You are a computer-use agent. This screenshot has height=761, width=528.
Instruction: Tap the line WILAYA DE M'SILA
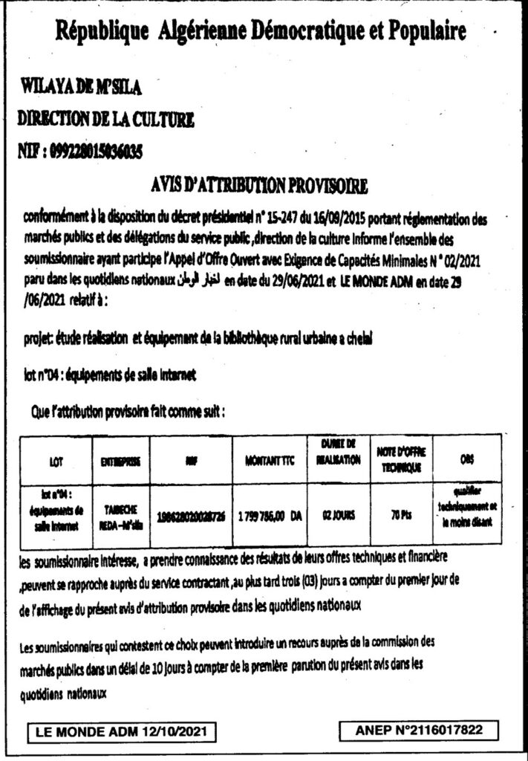79,89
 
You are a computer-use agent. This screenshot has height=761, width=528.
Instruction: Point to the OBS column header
464,460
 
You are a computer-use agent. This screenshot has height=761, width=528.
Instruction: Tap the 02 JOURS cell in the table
339,513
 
